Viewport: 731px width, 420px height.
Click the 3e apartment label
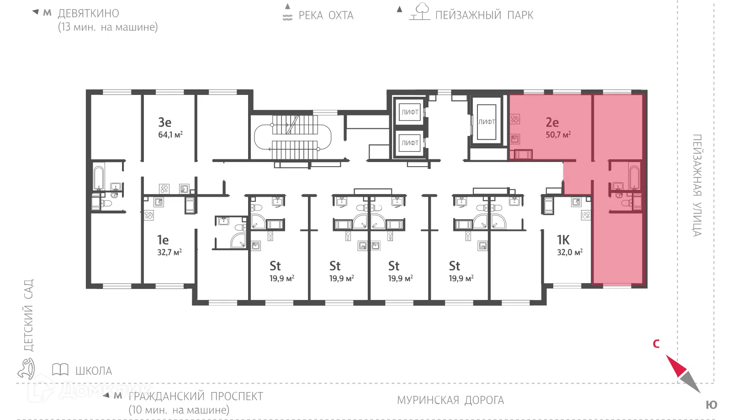[165, 122]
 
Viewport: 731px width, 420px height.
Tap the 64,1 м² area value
[170, 134]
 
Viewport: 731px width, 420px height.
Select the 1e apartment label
[163, 240]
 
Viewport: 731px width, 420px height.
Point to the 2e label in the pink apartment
[552, 122]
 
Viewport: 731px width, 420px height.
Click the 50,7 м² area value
[558, 134]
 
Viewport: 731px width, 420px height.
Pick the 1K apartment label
[563, 240]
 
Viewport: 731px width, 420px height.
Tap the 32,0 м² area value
[570, 252]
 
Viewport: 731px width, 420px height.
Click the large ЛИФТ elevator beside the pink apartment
[487, 122]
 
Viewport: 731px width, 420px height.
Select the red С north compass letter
[656, 344]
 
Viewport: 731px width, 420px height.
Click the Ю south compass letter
[711, 404]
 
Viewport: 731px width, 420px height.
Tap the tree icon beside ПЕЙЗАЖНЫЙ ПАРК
[420, 11]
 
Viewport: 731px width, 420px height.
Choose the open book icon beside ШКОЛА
[60, 369]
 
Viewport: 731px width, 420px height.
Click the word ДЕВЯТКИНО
[89, 13]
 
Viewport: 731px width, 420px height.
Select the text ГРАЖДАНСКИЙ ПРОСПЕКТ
[196, 397]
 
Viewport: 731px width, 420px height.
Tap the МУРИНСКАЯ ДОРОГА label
[450, 400]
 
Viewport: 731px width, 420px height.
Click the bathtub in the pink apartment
[635, 178]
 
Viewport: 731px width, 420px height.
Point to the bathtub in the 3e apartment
[99, 178]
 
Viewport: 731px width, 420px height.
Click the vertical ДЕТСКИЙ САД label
[29, 315]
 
